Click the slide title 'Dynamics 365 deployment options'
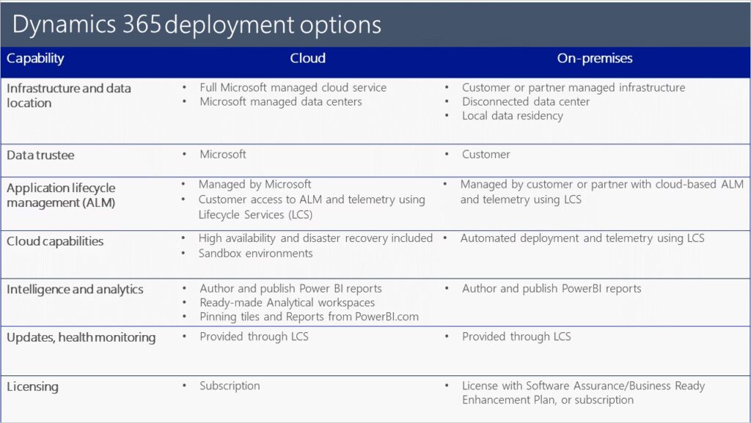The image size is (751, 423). (x=197, y=25)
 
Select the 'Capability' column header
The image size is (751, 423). (x=35, y=59)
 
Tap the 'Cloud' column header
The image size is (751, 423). (x=307, y=59)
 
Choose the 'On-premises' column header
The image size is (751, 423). (x=594, y=59)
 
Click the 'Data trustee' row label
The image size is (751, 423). (x=40, y=155)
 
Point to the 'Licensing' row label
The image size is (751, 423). (x=32, y=386)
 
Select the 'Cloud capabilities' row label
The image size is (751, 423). (x=55, y=242)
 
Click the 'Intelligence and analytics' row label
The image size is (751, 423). (x=75, y=290)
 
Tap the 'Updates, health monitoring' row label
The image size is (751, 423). (x=81, y=337)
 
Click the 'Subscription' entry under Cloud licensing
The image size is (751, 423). (x=230, y=386)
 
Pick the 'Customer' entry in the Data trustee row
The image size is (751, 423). (x=486, y=155)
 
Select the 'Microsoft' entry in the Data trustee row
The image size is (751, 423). (x=223, y=154)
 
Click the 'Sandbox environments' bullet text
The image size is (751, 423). (x=256, y=253)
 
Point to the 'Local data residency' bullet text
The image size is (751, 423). (x=513, y=116)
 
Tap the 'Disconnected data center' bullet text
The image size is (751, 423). (x=526, y=101)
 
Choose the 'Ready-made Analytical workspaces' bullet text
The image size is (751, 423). (x=287, y=303)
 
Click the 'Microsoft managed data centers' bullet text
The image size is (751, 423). (x=281, y=101)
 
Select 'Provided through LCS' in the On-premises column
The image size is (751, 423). (x=516, y=336)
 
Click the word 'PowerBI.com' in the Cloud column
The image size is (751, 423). (x=387, y=316)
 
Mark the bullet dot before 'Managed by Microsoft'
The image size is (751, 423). (x=183, y=184)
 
